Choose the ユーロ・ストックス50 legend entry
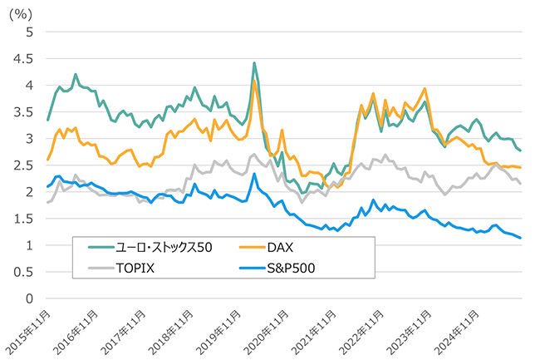[x=172, y=245]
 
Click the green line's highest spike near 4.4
[x=254, y=63]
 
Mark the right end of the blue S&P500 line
[x=521, y=239]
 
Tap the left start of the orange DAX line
[x=47, y=160]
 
